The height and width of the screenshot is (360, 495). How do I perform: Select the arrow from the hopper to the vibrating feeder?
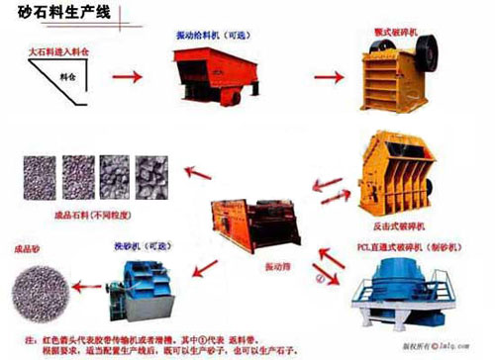pyautogui.click(x=124, y=75)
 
